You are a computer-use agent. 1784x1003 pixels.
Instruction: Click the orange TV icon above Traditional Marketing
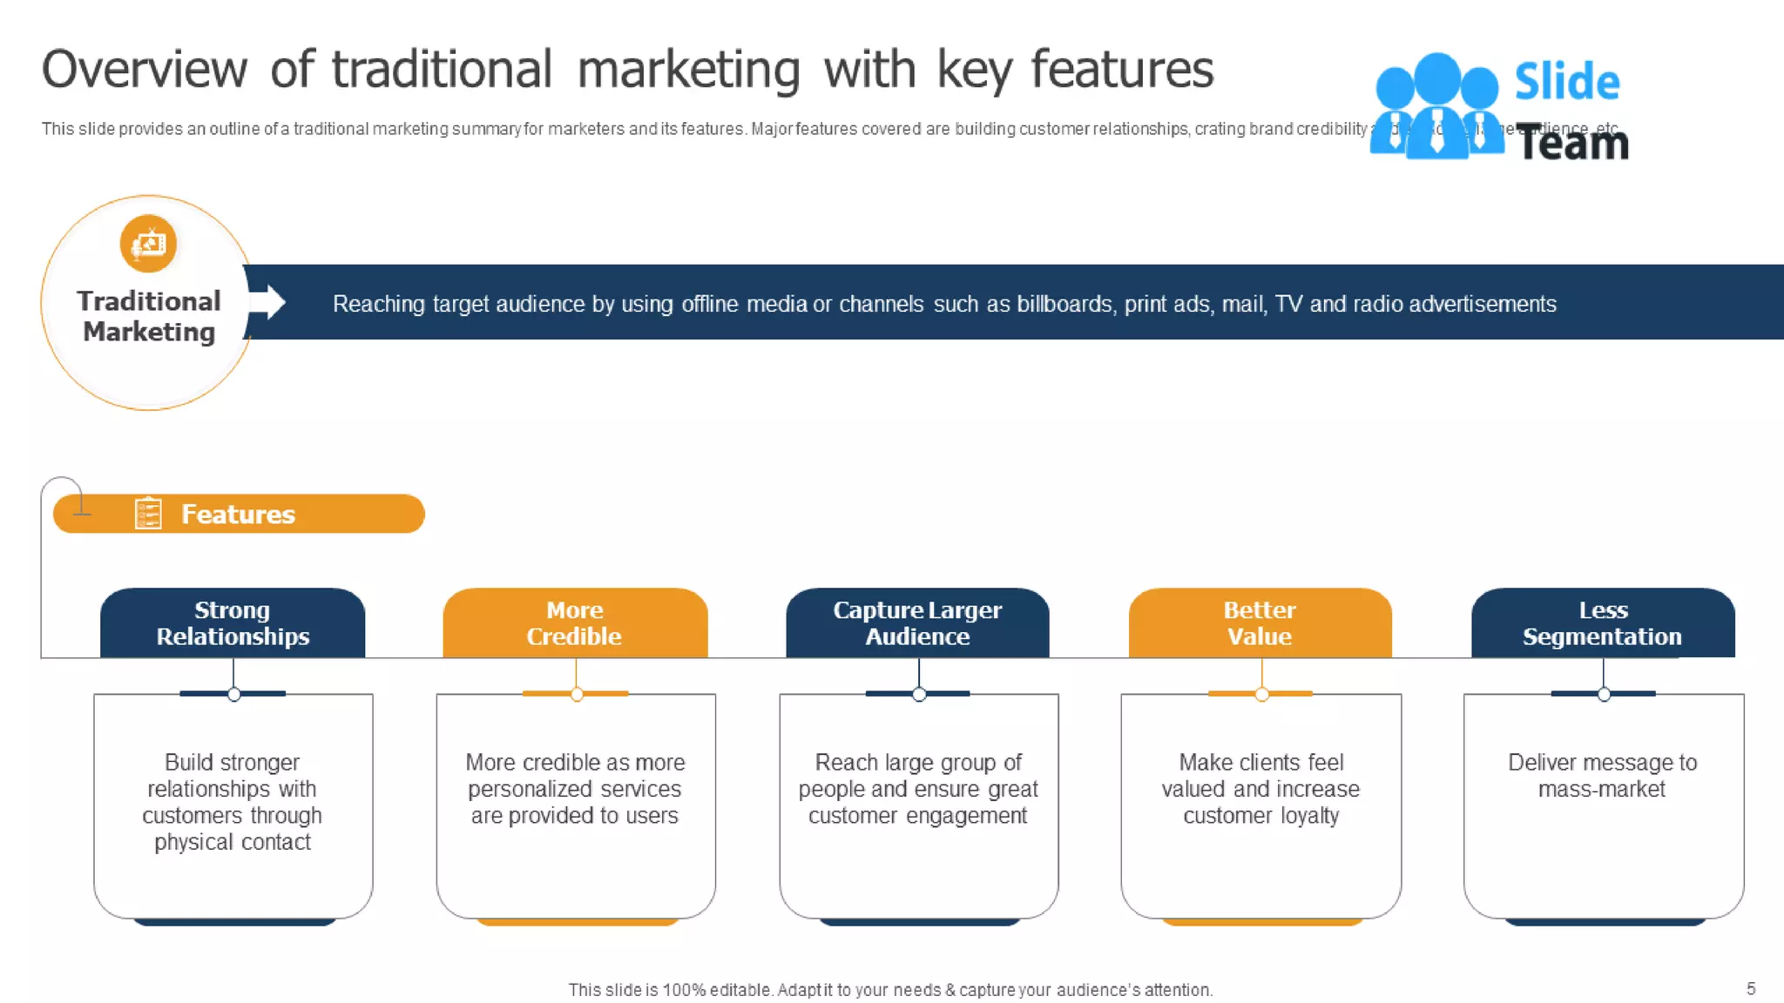148,244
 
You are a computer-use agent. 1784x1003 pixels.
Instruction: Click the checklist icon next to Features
148,514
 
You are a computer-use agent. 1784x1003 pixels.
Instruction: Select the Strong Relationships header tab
233,623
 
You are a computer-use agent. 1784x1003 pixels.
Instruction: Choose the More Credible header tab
575,623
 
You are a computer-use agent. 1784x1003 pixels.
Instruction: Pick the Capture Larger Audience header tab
917,623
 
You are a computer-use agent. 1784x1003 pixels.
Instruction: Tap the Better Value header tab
1260,623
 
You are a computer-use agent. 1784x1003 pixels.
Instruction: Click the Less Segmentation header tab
1603,623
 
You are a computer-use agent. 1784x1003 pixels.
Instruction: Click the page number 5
1751,988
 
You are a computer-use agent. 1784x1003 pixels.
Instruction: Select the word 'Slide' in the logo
1567,82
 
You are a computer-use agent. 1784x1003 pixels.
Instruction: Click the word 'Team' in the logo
1573,144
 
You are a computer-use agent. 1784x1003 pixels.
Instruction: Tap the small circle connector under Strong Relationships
233,694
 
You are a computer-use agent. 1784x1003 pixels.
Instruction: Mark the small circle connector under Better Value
1261,694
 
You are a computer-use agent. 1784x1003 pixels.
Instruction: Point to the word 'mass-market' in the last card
1601,789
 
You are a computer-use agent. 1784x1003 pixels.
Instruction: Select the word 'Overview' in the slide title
145,70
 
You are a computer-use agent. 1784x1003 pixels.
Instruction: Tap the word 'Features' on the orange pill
238,515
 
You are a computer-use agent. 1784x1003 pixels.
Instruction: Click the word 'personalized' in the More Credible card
530,789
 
